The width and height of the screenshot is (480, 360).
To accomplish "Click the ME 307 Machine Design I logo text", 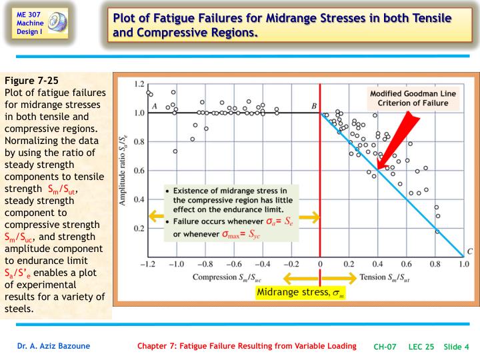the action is tap(30, 23).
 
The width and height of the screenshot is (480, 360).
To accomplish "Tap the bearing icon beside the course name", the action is tap(57, 22).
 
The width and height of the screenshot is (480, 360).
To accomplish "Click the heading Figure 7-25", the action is tap(31, 81).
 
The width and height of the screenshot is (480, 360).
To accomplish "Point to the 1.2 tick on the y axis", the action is tap(139, 84).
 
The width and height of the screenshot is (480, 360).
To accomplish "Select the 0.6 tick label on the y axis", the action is tap(139, 171).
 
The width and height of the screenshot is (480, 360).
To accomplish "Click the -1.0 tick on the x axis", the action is tap(176, 264).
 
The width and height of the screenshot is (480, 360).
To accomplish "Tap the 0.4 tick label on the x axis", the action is tap(377, 264).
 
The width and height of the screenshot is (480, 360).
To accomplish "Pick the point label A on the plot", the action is tap(155, 106).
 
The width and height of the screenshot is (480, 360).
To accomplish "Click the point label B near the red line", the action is tap(314, 106).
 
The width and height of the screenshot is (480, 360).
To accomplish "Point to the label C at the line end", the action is tap(470, 251).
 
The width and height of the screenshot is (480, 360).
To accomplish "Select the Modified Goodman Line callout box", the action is tap(413, 98).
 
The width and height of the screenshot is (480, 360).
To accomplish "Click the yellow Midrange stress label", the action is tap(300, 293).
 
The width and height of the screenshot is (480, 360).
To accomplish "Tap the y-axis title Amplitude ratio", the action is tap(123, 170).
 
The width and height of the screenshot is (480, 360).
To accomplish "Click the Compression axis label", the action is tap(227, 277).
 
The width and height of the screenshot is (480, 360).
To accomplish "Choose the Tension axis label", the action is tap(385, 277).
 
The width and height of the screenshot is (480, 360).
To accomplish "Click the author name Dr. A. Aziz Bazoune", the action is tap(53, 346).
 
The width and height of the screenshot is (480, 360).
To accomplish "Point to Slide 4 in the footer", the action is tap(456, 347).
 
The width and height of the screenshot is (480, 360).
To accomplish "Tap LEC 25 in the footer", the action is tap(421, 347).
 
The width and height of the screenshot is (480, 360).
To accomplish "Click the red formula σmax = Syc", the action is tap(241, 234).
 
